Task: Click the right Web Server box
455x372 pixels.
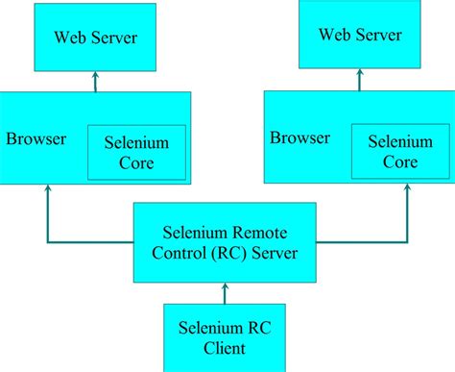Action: pyautogui.click(x=361, y=35)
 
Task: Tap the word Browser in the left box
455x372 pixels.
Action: pyautogui.click(x=36, y=138)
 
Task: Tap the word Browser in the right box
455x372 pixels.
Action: pyautogui.click(x=299, y=136)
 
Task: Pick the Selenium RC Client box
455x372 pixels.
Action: pyautogui.click(x=225, y=336)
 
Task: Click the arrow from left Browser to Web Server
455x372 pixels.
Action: pyautogui.click(x=96, y=83)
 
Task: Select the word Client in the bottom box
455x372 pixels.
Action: pyautogui.click(x=225, y=348)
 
